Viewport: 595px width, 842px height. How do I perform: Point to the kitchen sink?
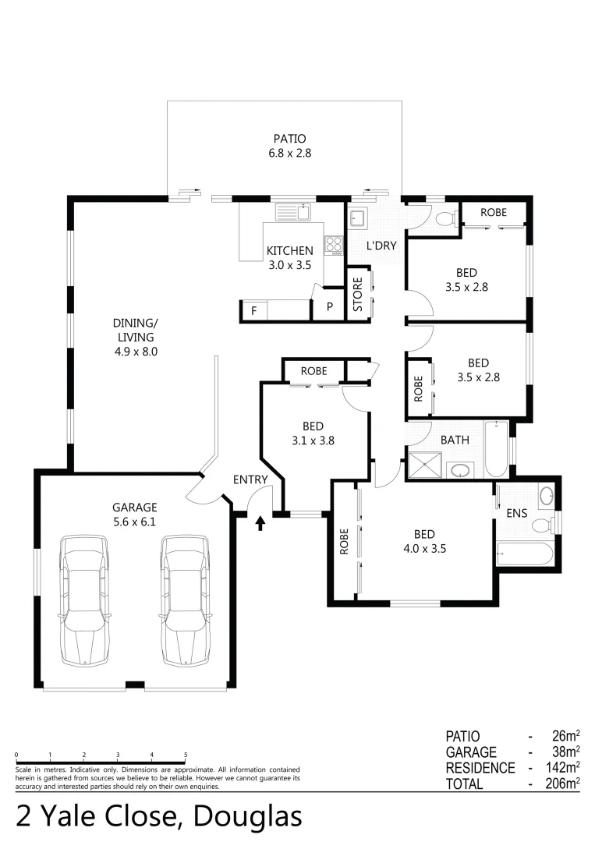coord(292,211)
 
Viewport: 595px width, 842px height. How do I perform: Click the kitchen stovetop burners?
coord(335,245)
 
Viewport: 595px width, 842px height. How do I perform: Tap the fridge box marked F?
coord(253,310)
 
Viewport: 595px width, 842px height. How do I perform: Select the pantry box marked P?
coord(329,308)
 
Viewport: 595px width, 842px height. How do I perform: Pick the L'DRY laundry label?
coord(382,246)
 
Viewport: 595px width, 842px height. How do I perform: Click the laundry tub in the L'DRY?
coord(359,218)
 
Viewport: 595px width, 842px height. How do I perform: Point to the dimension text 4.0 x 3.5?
coord(424,548)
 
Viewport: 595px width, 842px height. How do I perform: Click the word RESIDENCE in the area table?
coord(480,768)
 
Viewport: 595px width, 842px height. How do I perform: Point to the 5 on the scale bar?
coord(186,755)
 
